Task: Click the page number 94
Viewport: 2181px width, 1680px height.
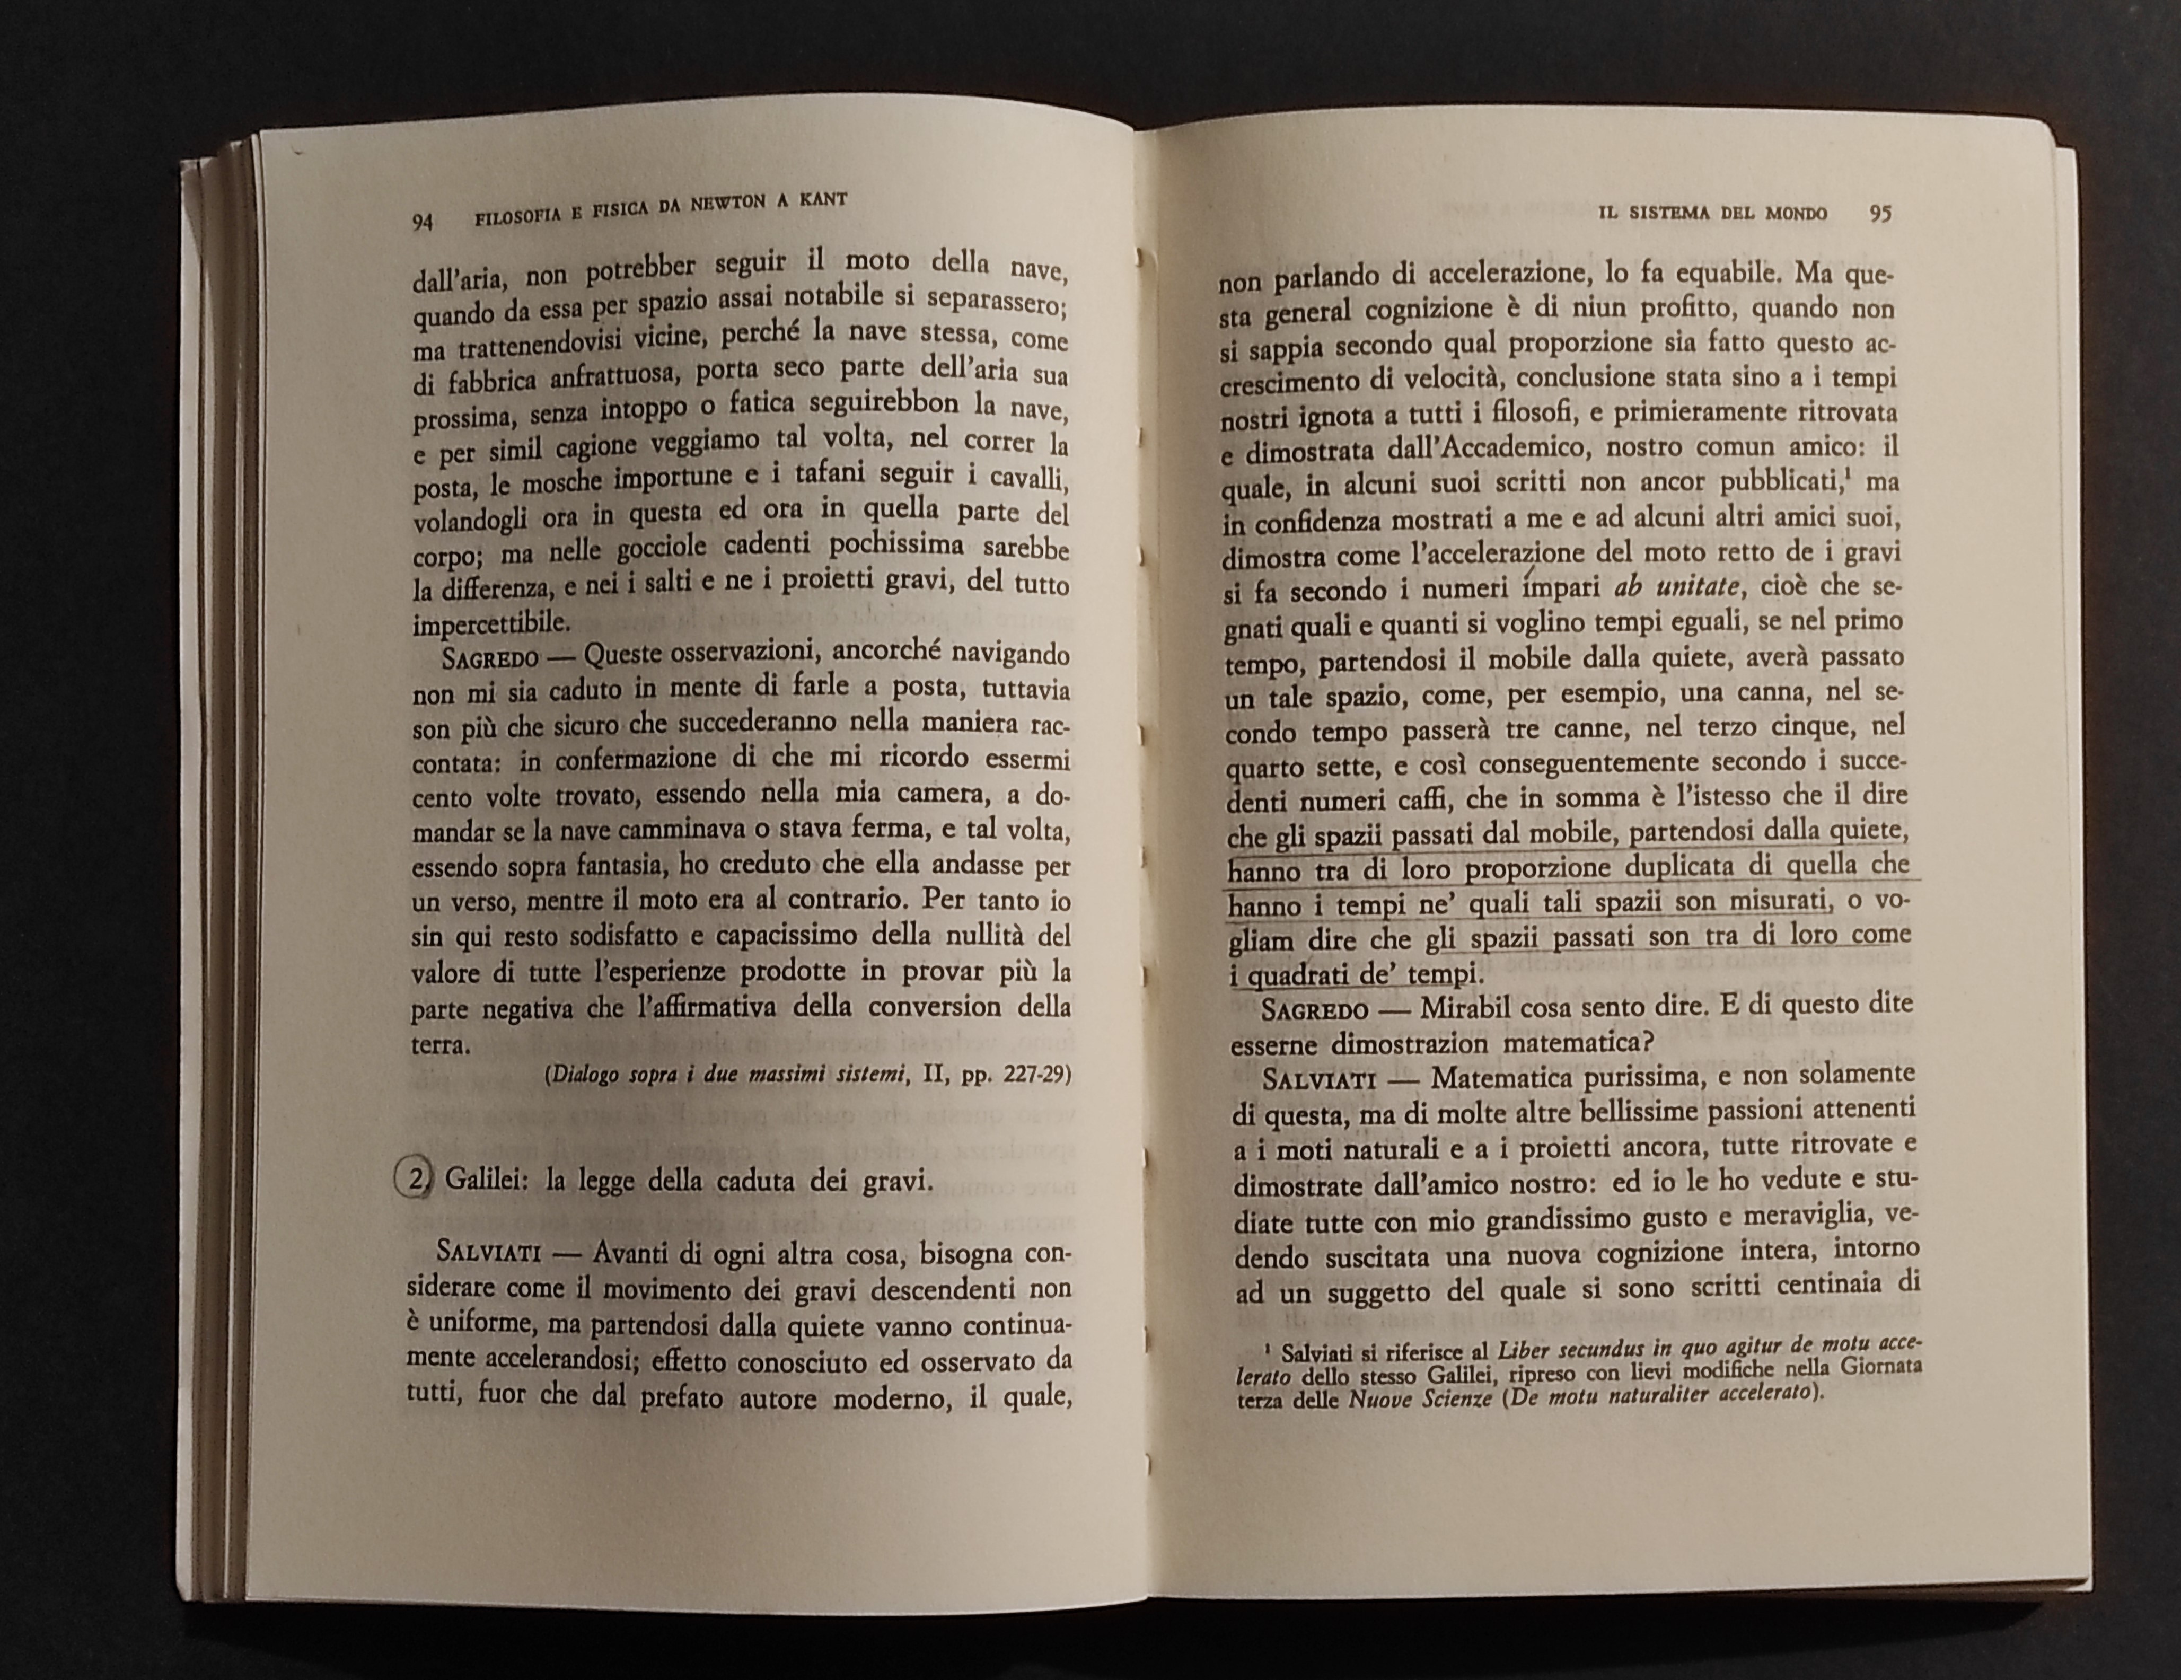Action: point(421,222)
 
